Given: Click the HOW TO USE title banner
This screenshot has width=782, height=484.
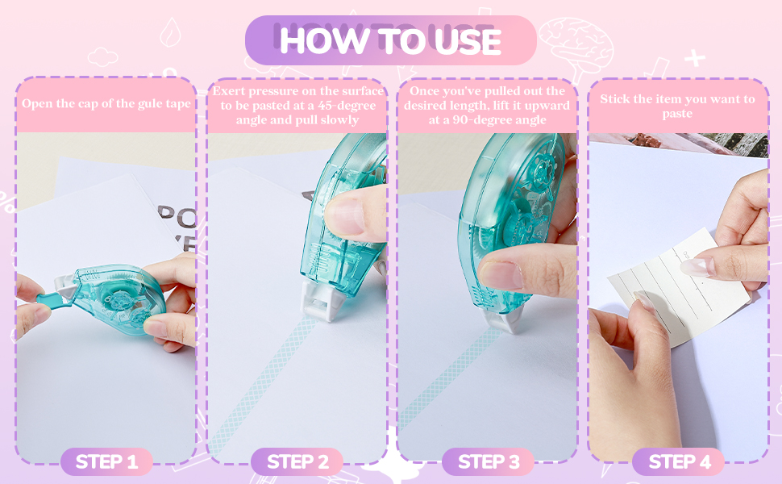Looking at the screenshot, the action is [x=390, y=40].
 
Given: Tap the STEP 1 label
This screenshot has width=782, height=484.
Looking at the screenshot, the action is [x=106, y=461].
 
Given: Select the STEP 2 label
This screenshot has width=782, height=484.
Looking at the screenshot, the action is [x=297, y=461].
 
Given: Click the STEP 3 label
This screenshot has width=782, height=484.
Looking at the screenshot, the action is [x=489, y=461].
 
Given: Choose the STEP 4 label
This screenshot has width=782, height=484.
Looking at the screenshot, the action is [x=679, y=461].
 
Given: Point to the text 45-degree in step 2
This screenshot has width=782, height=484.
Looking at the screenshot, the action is [x=347, y=106].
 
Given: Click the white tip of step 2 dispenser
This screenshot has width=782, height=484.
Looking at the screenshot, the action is [x=322, y=301].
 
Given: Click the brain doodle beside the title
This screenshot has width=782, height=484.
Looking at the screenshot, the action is [x=577, y=45].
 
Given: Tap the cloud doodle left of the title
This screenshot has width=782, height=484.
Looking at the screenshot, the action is [x=102, y=57].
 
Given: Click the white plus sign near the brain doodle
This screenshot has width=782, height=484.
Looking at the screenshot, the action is [x=694, y=58].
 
